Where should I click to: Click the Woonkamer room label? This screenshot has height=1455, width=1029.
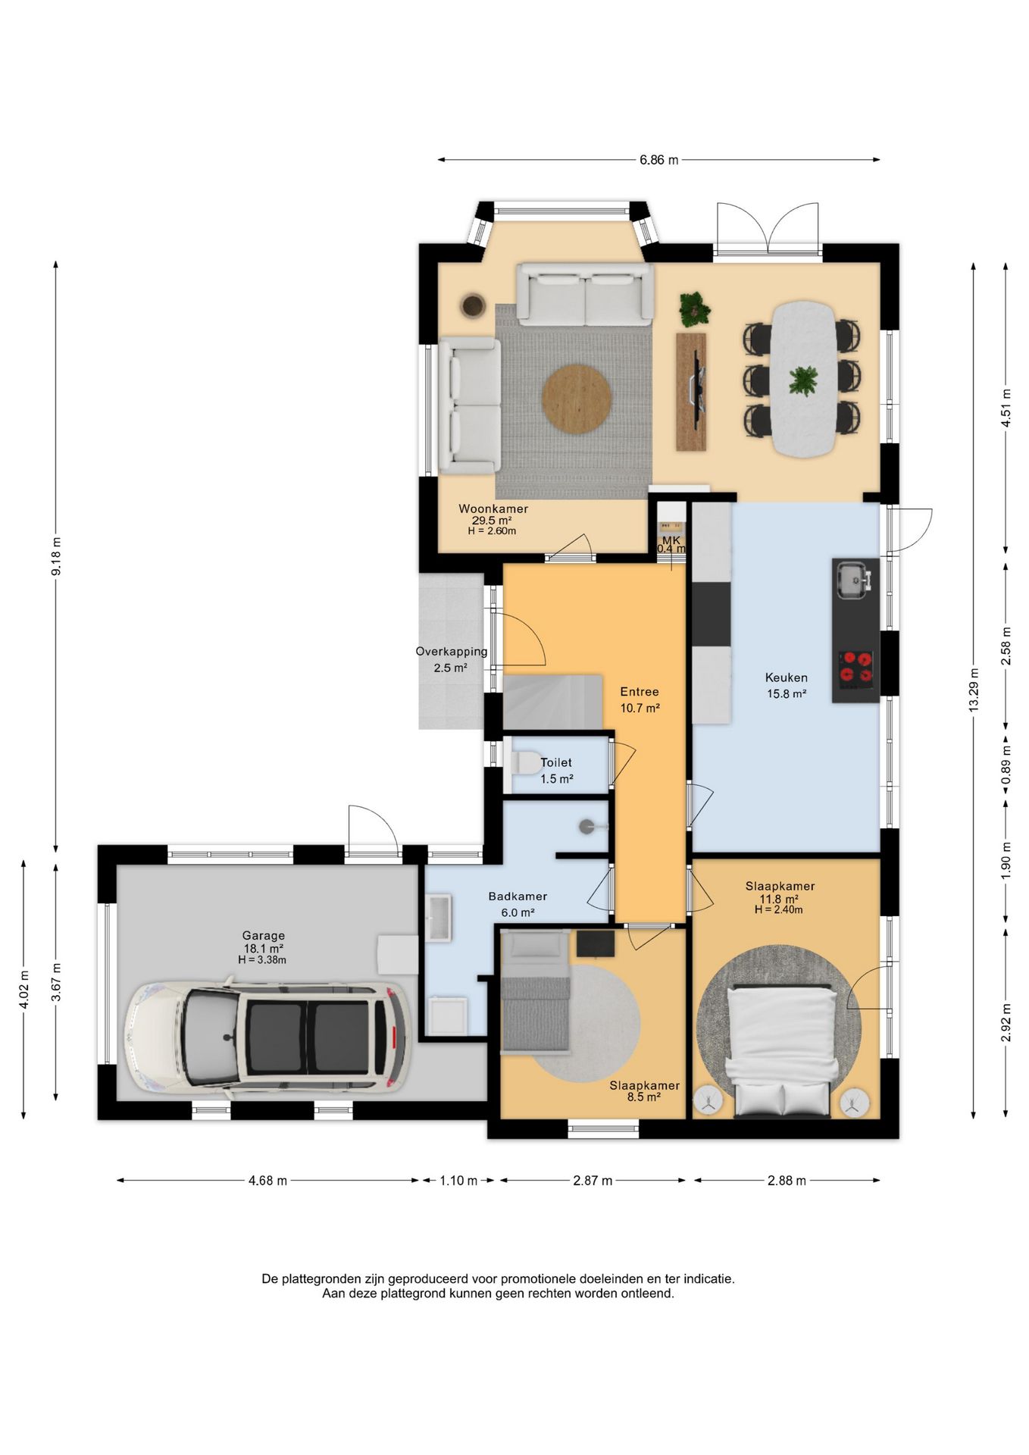[x=493, y=508]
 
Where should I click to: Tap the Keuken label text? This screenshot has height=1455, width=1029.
[x=786, y=677]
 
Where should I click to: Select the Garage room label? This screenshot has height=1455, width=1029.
[x=263, y=935]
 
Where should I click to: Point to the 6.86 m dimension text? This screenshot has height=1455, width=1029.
[x=658, y=160]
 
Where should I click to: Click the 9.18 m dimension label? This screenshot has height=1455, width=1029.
[x=56, y=556]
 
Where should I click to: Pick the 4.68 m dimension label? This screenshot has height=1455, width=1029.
[x=267, y=1180]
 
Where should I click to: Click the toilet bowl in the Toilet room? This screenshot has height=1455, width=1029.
[x=525, y=762]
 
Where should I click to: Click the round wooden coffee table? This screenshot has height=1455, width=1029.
[x=577, y=399]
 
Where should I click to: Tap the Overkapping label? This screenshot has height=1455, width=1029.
[x=451, y=652]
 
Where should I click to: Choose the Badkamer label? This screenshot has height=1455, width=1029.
[x=518, y=896]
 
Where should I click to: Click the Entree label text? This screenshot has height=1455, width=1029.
[x=639, y=691]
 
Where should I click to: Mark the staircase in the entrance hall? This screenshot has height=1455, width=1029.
[x=552, y=702]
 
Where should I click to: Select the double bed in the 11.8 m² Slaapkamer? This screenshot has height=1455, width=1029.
[x=781, y=1050]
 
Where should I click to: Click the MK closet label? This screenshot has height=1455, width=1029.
[x=671, y=540]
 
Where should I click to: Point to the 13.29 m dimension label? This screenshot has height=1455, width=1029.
[x=974, y=689]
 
